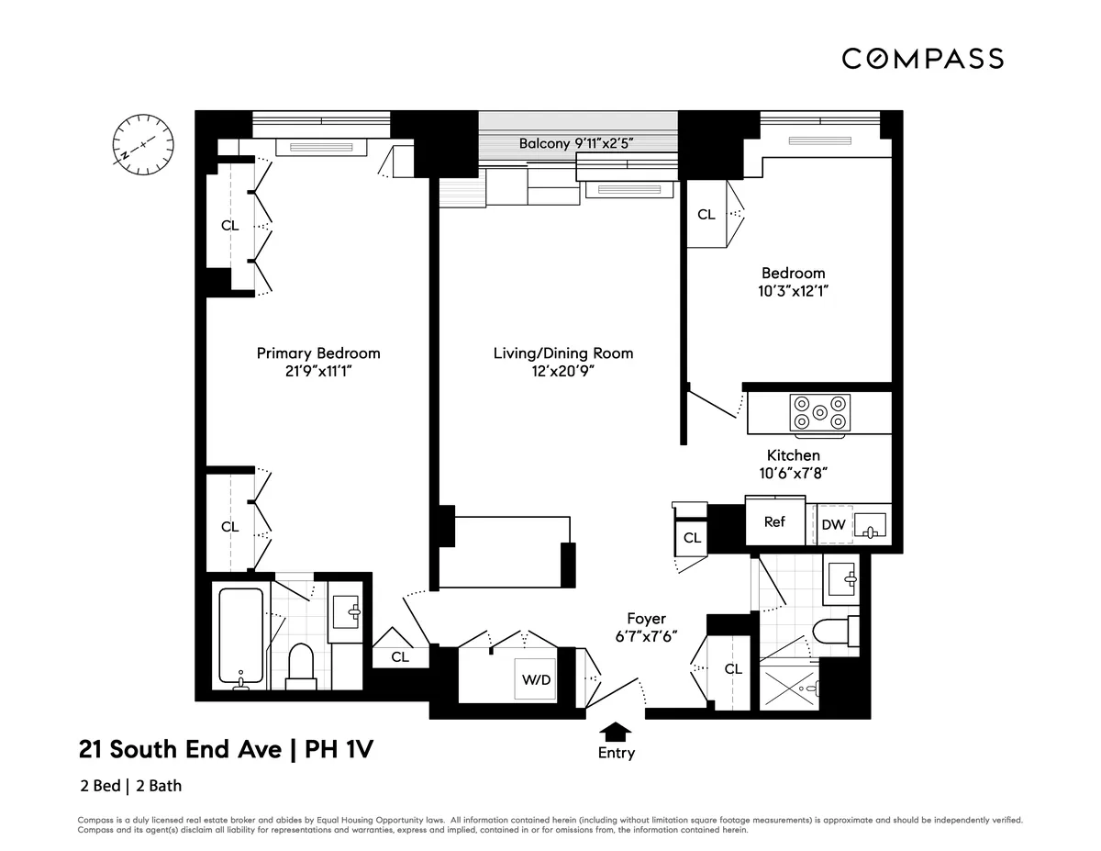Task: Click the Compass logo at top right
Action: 922,59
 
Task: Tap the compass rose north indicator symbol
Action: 142,145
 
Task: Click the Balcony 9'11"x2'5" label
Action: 576,143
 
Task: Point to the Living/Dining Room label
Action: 562,353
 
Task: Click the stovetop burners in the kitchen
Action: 820,412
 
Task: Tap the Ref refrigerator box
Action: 774,521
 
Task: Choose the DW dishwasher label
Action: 832,524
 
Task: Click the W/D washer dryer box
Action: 537,680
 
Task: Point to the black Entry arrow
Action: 616,730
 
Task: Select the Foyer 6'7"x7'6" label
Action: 646,629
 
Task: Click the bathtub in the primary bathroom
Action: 241,636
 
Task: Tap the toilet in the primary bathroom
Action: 301,666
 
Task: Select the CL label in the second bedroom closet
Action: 706,215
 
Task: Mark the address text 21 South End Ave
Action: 180,750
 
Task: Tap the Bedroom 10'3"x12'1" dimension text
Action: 793,290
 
